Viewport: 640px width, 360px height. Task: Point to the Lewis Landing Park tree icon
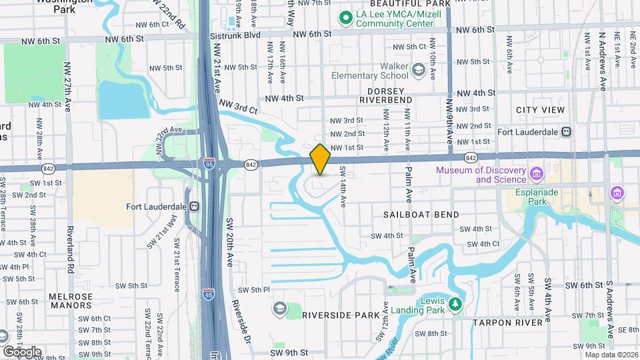(455, 305)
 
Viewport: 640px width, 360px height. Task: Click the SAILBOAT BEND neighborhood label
(421, 215)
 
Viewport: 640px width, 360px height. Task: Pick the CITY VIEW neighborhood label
(540, 110)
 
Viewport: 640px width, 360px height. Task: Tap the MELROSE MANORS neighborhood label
(70, 301)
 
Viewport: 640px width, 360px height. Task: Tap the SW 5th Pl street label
(253, 290)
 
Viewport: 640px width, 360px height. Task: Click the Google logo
(22, 351)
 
